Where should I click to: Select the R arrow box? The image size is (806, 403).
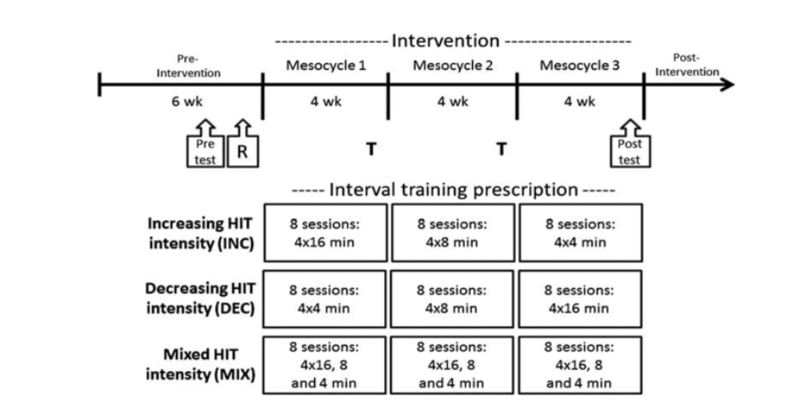pyautogui.click(x=242, y=152)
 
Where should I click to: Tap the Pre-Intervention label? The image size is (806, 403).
pyautogui.click(x=189, y=66)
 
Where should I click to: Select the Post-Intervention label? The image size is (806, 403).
pyautogui.click(x=686, y=65)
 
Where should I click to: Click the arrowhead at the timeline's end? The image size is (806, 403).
pyautogui.click(x=728, y=84)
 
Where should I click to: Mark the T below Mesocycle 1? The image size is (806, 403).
pyautogui.click(x=371, y=149)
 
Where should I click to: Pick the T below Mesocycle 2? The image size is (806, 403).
pyautogui.click(x=500, y=149)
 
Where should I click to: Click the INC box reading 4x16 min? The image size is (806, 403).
pyautogui.click(x=325, y=232)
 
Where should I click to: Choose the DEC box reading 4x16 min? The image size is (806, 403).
pyautogui.click(x=580, y=299)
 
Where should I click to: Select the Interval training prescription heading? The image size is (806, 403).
pyautogui.click(x=453, y=189)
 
